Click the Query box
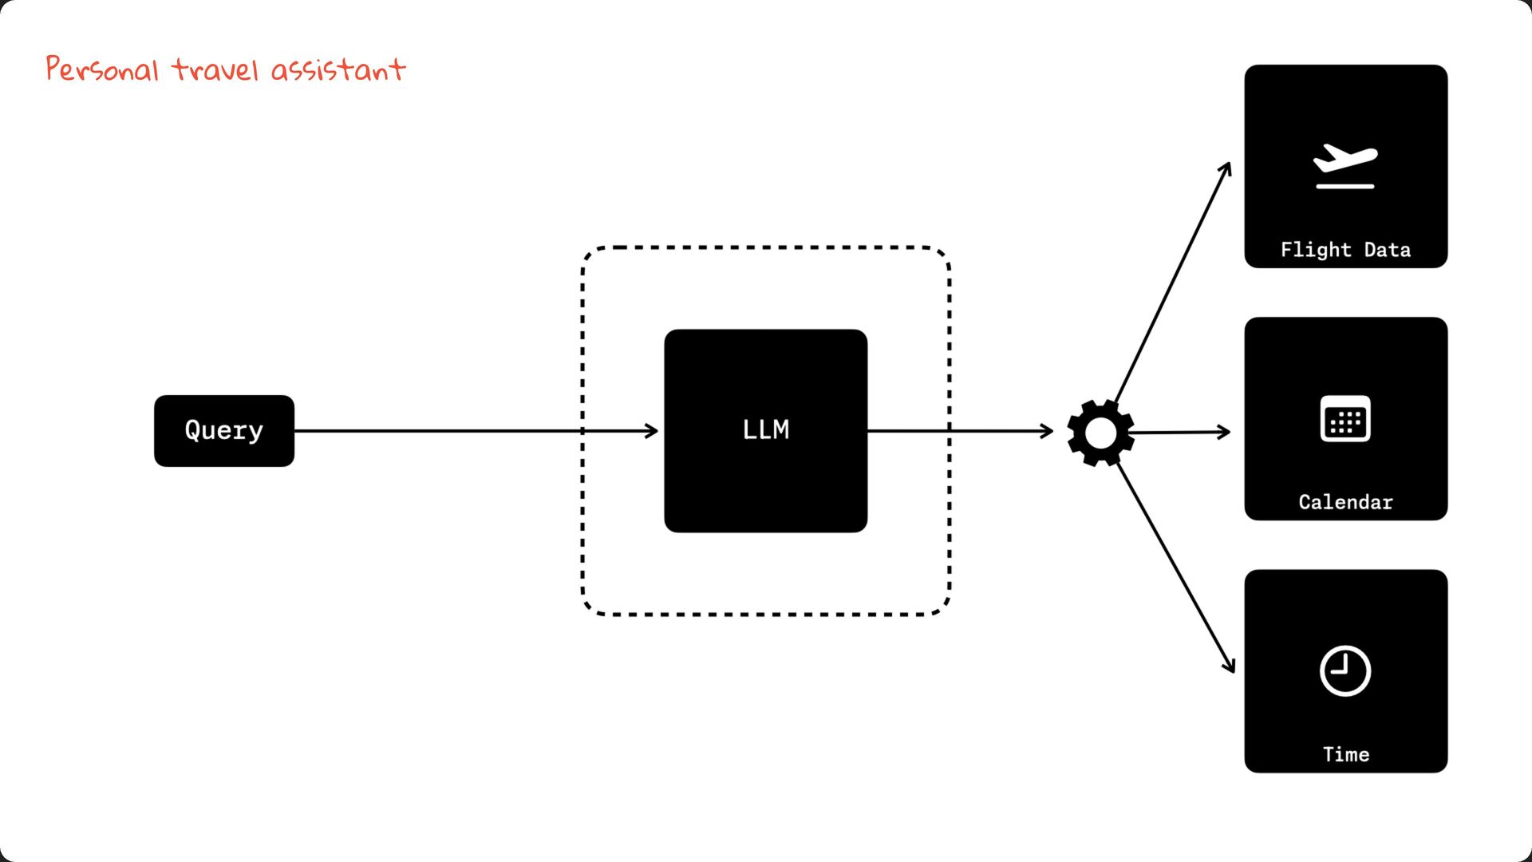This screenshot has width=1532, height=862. pyautogui.click(x=223, y=431)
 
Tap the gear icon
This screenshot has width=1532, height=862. pyautogui.click(x=1100, y=433)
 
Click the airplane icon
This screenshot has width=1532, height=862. pyautogui.click(x=1345, y=158)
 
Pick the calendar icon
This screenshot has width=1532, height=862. pyautogui.click(x=1345, y=418)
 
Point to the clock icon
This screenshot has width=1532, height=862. pyautogui.click(x=1345, y=671)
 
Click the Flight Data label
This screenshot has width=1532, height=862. pyautogui.click(x=1345, y=250)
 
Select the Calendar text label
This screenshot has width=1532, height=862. pyautogui.click(x=1345, y=502)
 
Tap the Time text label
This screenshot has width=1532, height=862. pyautogui.click(x=1345, y=754)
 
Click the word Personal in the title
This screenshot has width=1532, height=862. pyautogui.click(x=102, y=70)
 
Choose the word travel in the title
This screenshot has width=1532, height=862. pyautogui.click(x=215, y=70)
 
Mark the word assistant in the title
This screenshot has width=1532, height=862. pyautogui.click(x=338, y=70)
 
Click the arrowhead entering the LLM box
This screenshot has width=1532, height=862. pyautogui.click(x=652, y=431)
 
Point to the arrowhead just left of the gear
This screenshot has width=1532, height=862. pyautogui.click(x=1047, y=431)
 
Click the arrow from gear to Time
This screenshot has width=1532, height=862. pyautogui.click(x=1176, y=567)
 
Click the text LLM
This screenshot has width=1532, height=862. pyautogui.click(x=765, y=430)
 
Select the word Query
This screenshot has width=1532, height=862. pyautogui.click(x=223, y=430)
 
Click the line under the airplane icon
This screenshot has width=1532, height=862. pyautogui.click(x=1345, y=187)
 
